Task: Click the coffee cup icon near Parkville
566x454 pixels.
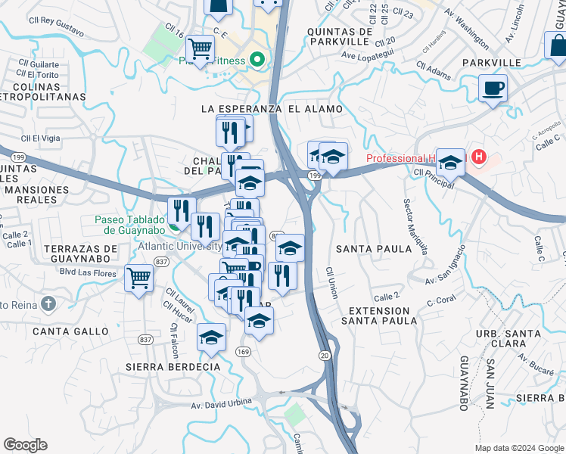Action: [493, 89]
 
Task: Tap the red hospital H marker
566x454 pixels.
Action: [478, 157]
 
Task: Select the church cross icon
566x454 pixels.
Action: [48, 305]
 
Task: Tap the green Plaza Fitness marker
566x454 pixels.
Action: [257, 59]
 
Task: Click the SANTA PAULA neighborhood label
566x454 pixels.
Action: [366, 248]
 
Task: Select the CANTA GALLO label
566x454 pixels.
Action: [64, 331]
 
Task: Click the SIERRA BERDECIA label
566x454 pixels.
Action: [173, 367]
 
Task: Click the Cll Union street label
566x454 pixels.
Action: [331, 281]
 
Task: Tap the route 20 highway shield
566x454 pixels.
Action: [325, 356]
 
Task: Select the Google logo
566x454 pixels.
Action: [25, 445]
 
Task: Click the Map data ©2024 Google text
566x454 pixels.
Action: [518, 448]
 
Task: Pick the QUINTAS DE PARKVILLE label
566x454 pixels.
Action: [340, 36]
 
